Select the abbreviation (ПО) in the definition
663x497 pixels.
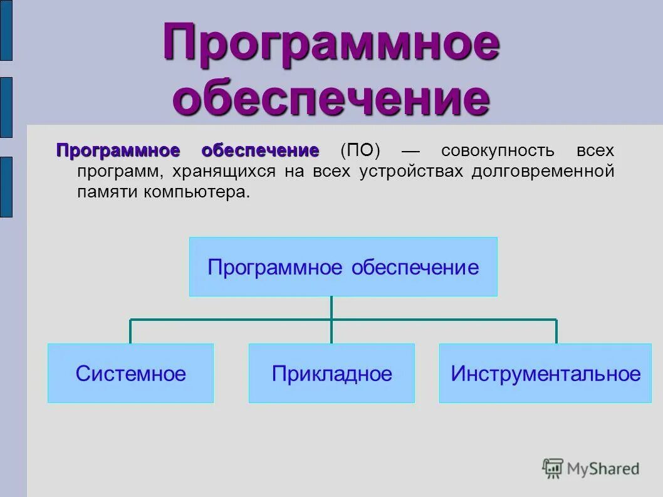(360, 151)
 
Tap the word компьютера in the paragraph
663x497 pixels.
(196, 192)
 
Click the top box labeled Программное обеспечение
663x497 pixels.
(343, 267)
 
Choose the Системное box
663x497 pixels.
(130, 374)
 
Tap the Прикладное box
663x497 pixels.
(331, 374)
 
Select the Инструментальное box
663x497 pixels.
(546, 374)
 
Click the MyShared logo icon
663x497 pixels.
(553, 468)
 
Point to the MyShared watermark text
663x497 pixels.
(603, 468)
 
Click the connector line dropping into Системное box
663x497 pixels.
(130, 332)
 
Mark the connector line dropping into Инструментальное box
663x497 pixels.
(556, 332)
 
